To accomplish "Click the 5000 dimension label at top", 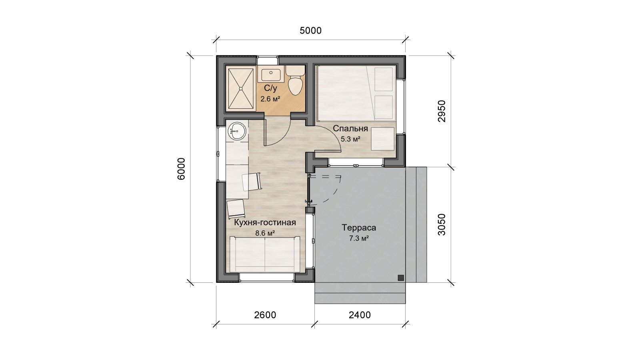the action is pos(310,30).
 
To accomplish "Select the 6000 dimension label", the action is pos(182,168).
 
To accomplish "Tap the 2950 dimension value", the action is pos(442,111).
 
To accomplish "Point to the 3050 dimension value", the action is pos(442,224).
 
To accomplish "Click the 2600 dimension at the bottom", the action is pos(265,315).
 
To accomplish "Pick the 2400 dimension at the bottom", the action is pos(360,315).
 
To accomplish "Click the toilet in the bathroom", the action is pos(295,80).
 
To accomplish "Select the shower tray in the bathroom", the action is pos(240,88).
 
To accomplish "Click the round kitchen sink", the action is pos(237,132).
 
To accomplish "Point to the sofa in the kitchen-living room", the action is pos(265,254).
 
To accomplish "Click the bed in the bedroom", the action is pos(356,93).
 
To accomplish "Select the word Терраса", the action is pos(359,228).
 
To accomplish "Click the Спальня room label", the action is pos(350,128).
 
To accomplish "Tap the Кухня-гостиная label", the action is pos(265,222).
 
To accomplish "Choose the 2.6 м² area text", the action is pos(270,99).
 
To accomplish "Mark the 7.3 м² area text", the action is pos(359,238).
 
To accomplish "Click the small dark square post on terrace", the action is pos(401,278).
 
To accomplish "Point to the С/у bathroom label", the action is pos(270,88).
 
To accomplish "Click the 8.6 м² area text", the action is pos(265,233).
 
